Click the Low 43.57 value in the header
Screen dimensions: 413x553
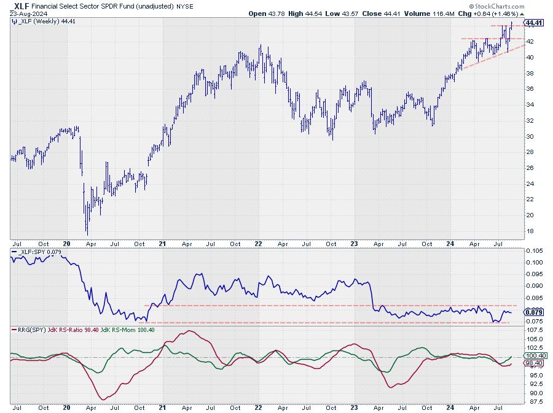click(353, 14)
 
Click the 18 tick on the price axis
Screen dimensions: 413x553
click(529, 231)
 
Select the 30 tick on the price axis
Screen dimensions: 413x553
click(529, 136)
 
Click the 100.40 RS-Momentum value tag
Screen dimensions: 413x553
click(535, 355)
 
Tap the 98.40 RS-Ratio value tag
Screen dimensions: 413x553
click(534, 364)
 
